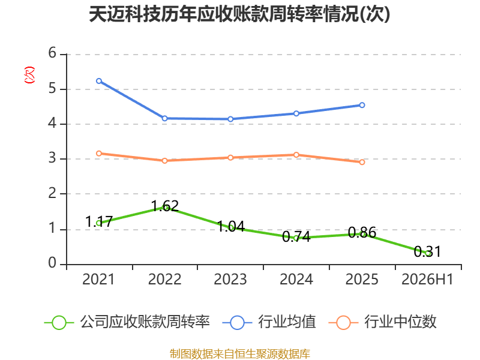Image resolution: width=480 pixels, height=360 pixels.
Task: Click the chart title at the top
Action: point(239,14)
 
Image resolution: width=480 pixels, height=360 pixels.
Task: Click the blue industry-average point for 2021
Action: point(99,81)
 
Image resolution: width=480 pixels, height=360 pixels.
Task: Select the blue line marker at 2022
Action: point(164,118)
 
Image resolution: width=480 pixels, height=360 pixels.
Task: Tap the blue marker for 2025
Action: point(362,105)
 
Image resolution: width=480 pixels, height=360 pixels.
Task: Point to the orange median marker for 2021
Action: point(99,154)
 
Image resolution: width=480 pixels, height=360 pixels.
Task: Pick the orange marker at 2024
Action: point(296,155)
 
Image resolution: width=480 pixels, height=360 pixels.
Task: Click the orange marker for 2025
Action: point(362,162)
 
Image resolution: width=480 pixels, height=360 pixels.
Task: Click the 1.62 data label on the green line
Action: point(165,206)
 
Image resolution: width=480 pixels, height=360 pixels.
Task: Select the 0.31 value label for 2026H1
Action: point(427,251)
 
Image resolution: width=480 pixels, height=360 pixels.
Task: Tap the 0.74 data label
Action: point(296,236)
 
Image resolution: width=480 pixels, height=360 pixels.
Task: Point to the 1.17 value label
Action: point(99,221)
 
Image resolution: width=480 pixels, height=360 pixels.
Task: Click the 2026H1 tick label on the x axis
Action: point(427,280)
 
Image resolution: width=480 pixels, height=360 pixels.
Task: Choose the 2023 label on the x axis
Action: point(230,280)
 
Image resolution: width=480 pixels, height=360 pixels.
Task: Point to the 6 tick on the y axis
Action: point(52,53)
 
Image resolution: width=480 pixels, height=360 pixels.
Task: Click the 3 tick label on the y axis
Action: point(52,158)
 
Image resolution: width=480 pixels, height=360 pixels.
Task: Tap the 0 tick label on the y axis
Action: point(52,263)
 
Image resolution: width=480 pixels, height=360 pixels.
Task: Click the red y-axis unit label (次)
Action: point(29,75)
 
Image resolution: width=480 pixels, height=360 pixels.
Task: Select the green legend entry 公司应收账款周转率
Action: point(127,322)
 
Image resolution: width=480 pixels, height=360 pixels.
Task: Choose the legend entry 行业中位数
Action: point(382,322)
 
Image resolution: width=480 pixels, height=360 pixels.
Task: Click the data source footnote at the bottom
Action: point(240,354)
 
